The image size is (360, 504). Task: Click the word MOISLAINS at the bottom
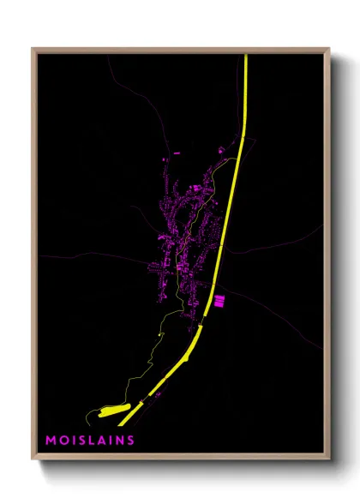[x=90, y=441]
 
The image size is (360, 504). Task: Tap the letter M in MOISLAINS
[x=51, y=441]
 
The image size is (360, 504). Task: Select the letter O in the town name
[x=63, y=441]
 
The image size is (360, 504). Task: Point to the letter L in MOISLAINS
[x=90, y=441]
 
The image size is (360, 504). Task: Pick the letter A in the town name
[x=100, y=441]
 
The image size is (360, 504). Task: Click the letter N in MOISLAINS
[x=118, y=441]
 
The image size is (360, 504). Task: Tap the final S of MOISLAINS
[x=130, y=441]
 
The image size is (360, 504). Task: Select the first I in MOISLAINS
[x=71, y=441]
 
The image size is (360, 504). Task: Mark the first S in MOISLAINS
[x=80, y=441]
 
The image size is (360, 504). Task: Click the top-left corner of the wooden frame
[x=33, y=49]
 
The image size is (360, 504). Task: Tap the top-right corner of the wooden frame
[x=329, y=49]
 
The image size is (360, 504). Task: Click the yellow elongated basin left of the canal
[x=114, y=411]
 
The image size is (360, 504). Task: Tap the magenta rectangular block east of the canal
[x=218, y=300]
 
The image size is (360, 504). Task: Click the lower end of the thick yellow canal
[x=122, y=423]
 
